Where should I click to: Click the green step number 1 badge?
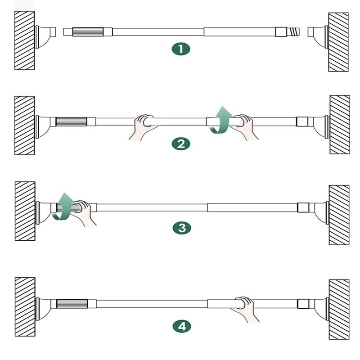click(181, 49)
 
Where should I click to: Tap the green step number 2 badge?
click(181, 144)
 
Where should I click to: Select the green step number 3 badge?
click(182, 228)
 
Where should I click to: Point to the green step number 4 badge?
click(182, 326)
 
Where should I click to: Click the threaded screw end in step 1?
click(293, 31)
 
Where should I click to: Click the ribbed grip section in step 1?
click(88, 31)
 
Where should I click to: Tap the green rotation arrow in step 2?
click(221, 120)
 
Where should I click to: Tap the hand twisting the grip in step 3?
click(85, 212)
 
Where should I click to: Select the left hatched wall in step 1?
click(25, 40)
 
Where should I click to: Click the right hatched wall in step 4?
click(339, 309)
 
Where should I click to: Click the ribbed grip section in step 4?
click(72, 304)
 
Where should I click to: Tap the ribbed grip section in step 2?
click(72, 121)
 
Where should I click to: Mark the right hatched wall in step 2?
click(340, 125)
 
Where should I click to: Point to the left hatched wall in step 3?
click(25, 211)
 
